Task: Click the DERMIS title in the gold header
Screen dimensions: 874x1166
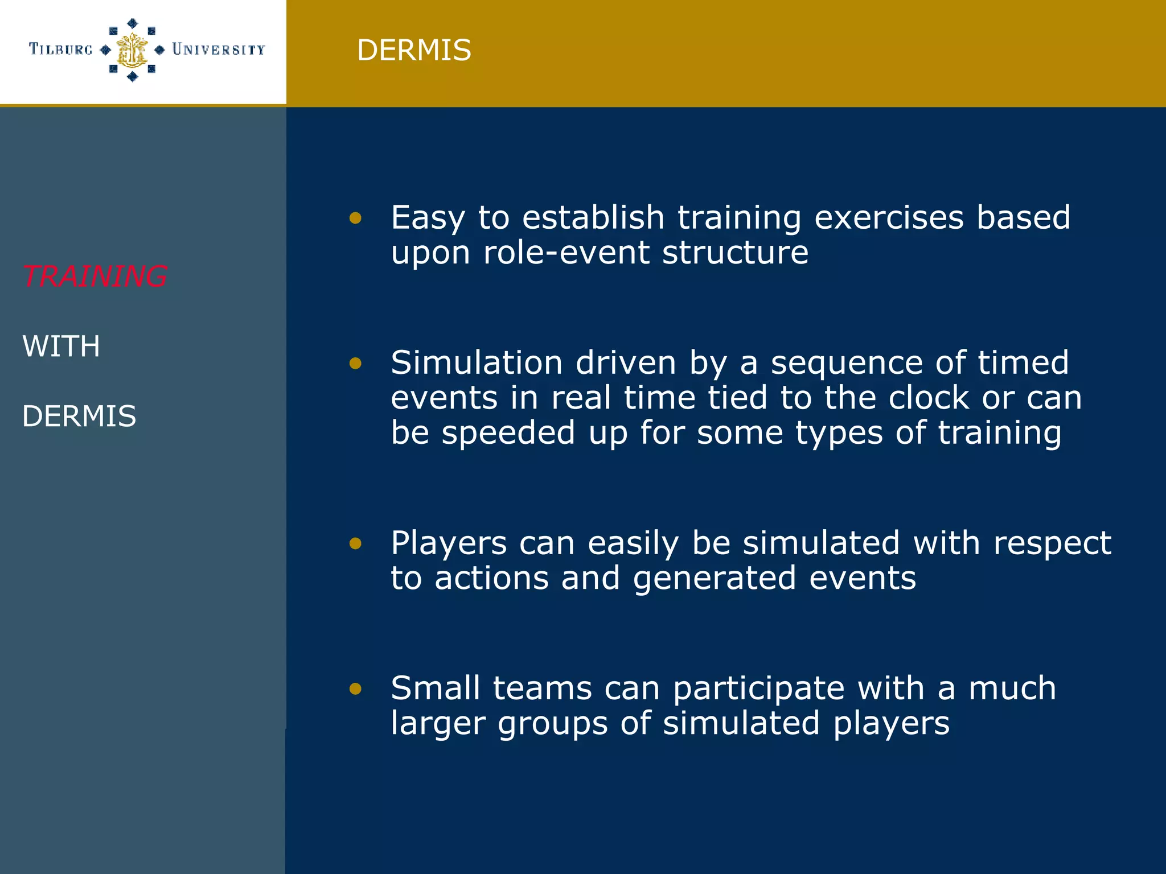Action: [x=414, y=50]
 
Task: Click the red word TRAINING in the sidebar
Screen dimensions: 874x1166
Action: [x=95, y=277]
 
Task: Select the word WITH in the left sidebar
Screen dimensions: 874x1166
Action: [x=61, y=346]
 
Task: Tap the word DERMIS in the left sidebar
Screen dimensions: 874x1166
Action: [x=79, y=416]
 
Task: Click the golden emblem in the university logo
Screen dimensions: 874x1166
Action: [x=132, y=50]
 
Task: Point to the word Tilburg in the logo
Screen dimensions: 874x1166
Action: [x=61, y=50]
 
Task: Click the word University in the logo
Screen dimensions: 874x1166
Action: [x=219, y=50]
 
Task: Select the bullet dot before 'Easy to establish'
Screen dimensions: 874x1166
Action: [x=355, y=218]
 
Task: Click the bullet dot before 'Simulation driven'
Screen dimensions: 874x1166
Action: [x=355, y=363]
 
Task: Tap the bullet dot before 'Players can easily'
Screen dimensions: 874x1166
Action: [x=355, y=543]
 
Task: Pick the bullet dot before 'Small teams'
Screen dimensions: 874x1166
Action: [x=355, y=689]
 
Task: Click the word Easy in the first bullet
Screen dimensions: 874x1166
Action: [x=428, y=218]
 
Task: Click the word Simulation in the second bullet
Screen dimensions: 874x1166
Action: [x=477, y=363]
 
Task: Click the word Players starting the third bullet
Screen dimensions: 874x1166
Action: [x=448, y=543]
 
